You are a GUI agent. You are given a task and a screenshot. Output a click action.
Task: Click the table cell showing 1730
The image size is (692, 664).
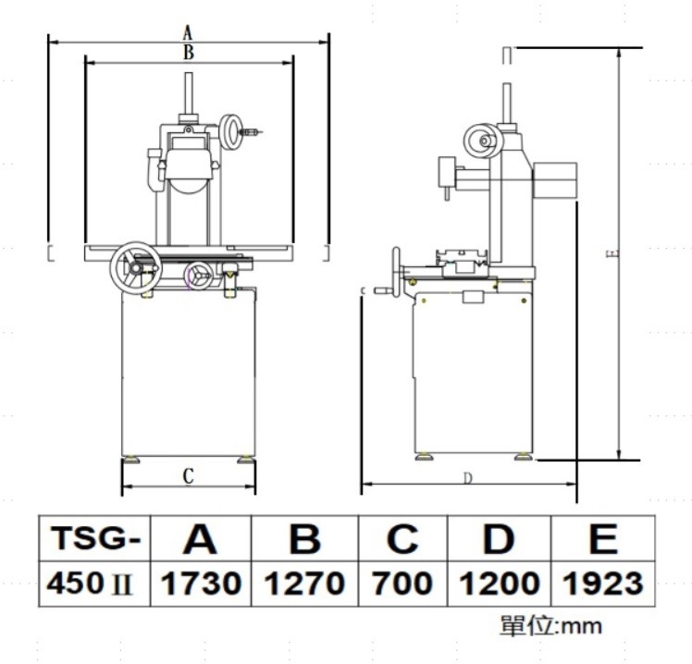coord(201,584)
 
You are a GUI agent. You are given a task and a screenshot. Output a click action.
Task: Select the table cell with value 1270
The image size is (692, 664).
coord(304,584)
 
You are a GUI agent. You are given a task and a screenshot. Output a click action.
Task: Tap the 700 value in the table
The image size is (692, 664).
coord(403,584)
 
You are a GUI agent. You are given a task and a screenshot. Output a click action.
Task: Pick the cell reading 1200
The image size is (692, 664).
coord(500,584)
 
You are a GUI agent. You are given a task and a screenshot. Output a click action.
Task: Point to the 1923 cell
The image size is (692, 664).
coord(603,584)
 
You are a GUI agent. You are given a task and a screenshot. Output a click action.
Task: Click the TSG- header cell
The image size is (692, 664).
coord(95,538)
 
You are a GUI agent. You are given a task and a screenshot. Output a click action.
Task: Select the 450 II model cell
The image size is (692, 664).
coord(95,584)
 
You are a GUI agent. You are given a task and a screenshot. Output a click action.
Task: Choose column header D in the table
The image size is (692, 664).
coord(500,538)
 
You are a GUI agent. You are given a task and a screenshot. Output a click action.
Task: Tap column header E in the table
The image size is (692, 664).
coord(603,538)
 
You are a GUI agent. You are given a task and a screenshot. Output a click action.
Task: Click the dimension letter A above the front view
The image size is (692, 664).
coord(188,32)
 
